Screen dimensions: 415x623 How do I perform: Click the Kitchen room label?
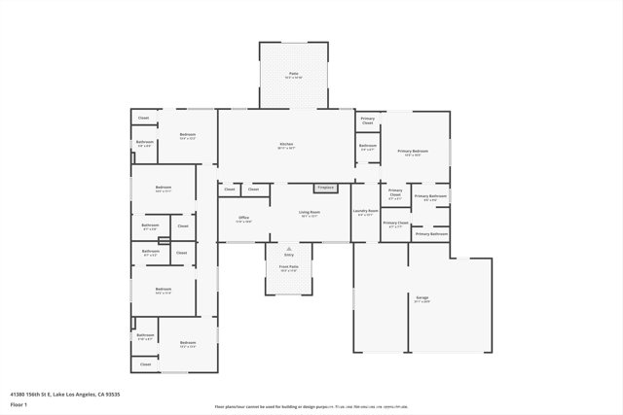[x=286, y=145]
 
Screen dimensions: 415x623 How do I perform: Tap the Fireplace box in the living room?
[x=325, y=188]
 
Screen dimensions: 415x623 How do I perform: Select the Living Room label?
[x=310, y=212]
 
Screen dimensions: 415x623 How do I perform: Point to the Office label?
[x=243, y=218]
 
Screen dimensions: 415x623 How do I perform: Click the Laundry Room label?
[x=365, y=211]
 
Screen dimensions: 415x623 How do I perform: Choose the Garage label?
[x=422, y=297]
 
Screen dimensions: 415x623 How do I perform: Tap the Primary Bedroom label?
[x=413, y=152]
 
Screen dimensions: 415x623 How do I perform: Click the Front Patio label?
[x=288, y=266]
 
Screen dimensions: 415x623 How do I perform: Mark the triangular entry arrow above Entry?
[x=288, y=249]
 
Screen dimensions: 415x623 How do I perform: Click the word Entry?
[x=288, y=255]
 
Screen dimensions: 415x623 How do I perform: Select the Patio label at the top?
[x=293, y=74]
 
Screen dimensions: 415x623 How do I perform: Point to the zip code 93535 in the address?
[x=113, y=394]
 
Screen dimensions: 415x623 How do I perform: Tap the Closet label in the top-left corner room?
[x=143, y=119]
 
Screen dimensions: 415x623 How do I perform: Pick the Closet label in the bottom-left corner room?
[x=145, y=363]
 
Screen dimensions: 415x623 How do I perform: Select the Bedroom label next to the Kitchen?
[x=188, y=134]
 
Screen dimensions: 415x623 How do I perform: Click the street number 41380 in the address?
[x=18, y=394]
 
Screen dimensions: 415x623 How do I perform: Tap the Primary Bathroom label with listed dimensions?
[x=430, y=196]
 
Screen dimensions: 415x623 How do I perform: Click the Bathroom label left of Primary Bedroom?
[x=367, y=146]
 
